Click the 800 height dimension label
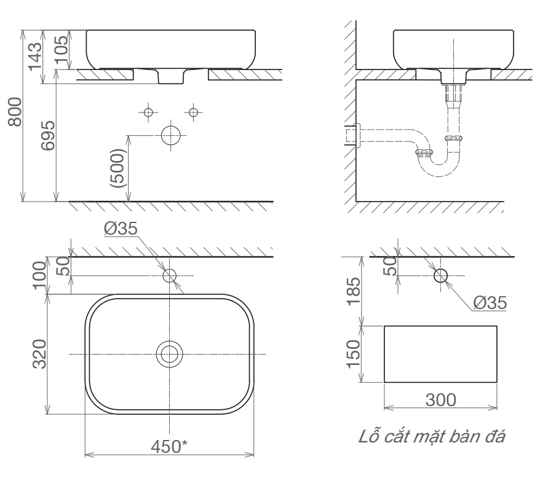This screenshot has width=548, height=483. [15, 112]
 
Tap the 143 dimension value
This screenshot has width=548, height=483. [35, 57]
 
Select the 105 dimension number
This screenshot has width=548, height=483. [62, 50]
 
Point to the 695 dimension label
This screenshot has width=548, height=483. [48, 136]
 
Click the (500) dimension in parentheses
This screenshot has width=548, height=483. [117, 168]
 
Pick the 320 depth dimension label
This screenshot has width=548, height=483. [39, 354]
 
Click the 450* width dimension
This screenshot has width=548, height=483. [169, 446]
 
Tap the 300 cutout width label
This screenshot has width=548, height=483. [441, 400]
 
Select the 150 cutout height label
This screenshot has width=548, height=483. [353, 354]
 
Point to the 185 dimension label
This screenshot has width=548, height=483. [353, 291]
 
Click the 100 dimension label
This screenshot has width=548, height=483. [39, 275]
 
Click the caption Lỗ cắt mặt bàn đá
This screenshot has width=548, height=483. [432, 436]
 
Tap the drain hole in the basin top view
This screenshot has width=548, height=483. [170, 354]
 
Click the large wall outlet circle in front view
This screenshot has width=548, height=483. [170, 136]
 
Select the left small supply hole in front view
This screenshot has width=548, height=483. [148, 112]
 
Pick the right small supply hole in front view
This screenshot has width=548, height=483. [193, 112]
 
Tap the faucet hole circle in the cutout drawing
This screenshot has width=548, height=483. [440, 275]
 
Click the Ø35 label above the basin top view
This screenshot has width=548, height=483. [121, 229]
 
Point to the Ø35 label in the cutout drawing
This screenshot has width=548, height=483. [490, 303]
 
